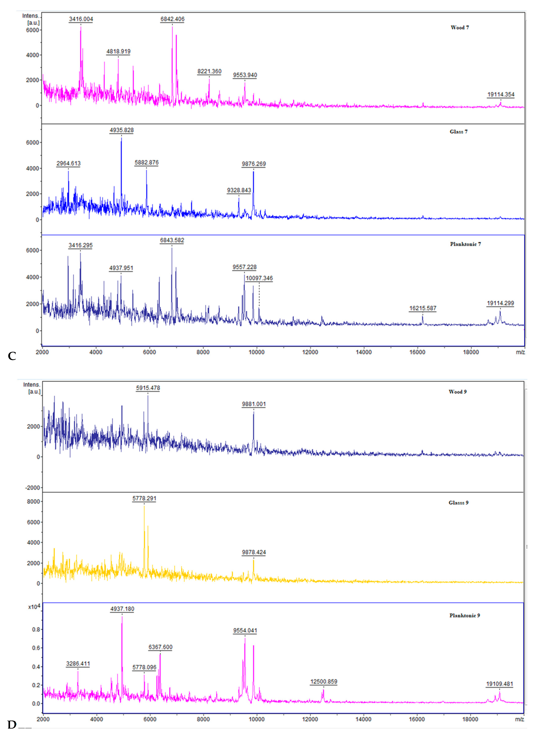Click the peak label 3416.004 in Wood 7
point(81,19)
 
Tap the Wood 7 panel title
point(460,28)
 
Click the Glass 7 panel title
point(458,132)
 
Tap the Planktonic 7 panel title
point(465,244)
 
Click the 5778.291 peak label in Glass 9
point(144,498)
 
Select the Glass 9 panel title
point(458,503)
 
